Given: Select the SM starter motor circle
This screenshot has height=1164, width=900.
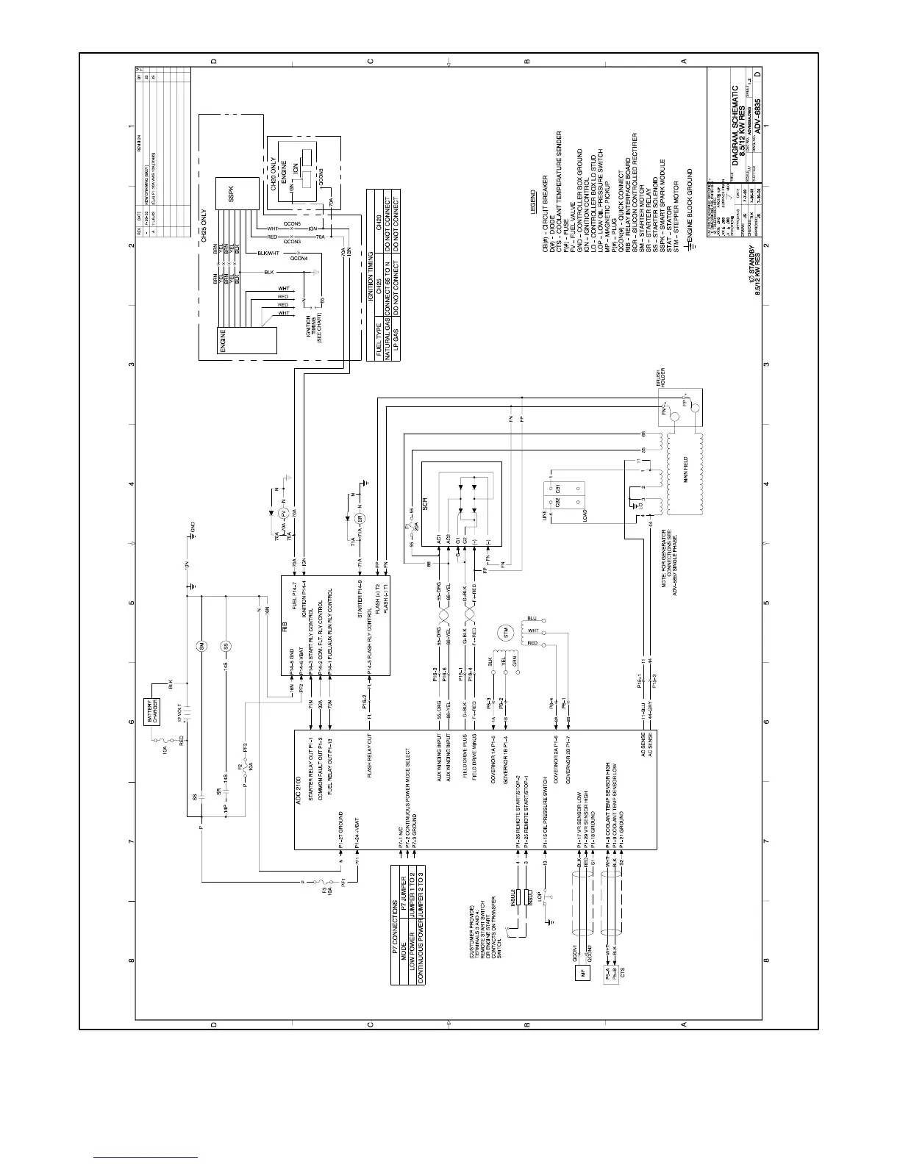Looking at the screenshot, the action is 201,645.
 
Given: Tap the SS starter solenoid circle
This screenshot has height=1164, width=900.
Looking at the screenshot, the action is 226,645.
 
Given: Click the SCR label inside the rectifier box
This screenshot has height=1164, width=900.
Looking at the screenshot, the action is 425,505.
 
